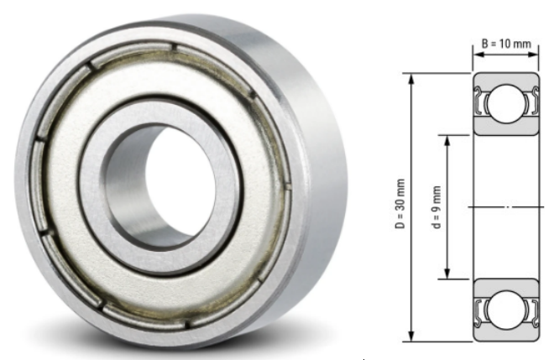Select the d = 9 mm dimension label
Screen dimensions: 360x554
click(436, 205)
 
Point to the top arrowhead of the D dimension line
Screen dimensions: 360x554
click(411, 78)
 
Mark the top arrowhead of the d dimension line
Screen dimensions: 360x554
click(447, 138)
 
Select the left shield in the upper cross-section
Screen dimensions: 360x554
click(481, 104)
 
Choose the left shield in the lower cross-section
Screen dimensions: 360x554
click(481, 308)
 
